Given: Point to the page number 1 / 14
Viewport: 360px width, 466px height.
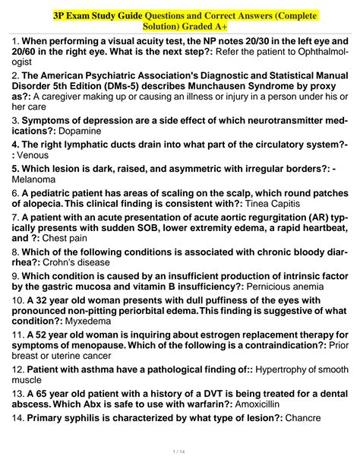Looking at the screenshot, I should tap(179, 452).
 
